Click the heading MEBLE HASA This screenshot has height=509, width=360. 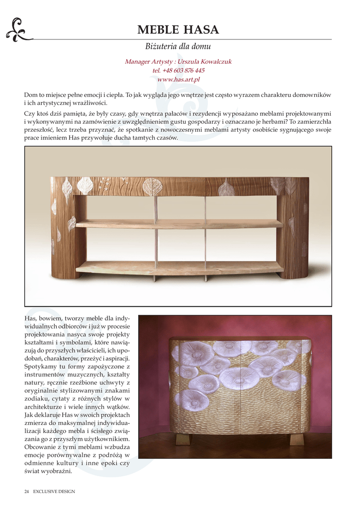coord(178,30)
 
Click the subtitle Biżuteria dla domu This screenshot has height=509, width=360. coord(178,47)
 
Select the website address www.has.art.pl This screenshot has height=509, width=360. coord(178,80)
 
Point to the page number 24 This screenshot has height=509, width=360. coord(27,492)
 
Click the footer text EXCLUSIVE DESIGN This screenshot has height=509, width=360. coord(54,492)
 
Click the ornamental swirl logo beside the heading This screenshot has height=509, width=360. coord(18,29)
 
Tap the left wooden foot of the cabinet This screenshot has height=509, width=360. coord(183,439)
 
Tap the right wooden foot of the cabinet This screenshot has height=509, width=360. coord(297,439)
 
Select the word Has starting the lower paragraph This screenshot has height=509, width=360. coord(30,318)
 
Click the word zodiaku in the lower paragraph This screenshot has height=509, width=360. coord(36,399)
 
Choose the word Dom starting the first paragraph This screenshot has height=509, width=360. coord(30,94)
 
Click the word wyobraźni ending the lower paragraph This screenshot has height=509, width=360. coord(58,471)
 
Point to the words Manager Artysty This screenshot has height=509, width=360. coord(144,62)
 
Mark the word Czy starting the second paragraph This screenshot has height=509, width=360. coord(29,114)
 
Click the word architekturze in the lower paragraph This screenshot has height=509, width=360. coord(45,407)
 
